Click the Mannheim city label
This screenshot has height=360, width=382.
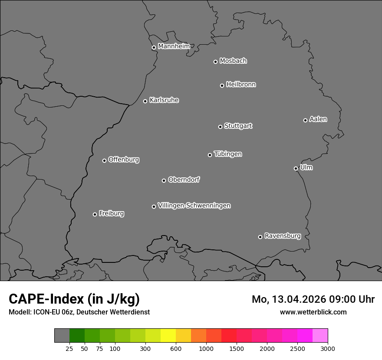pos(174,46)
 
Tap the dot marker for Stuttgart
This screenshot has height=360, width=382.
pos(220,127)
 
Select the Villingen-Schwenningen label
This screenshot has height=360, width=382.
pos(194,206)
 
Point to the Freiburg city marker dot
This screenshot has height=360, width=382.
pos(95,214)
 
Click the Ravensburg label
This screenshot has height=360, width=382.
pos(282,236)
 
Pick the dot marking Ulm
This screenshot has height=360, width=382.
pos(296,168)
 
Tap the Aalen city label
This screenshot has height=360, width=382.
pos(318,119)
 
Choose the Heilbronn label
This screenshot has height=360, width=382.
pos(241,85)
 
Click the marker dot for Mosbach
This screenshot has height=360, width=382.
pos(215,62)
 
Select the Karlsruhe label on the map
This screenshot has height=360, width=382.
pos(164,100)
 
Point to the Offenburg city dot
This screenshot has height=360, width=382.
pos(104,160)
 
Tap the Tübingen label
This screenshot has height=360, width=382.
pos(228,154)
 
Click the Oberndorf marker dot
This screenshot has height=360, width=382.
pos(164,180)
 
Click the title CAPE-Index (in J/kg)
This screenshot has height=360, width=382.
pos(74,299)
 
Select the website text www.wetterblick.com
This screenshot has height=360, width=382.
pos(313,312)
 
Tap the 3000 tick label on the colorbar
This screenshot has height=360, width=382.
pos(328,349)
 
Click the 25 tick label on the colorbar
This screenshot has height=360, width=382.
pos(69,349)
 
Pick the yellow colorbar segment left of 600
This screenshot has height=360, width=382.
pos(168,336)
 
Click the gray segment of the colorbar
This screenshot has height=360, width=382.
pos(62,336)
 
